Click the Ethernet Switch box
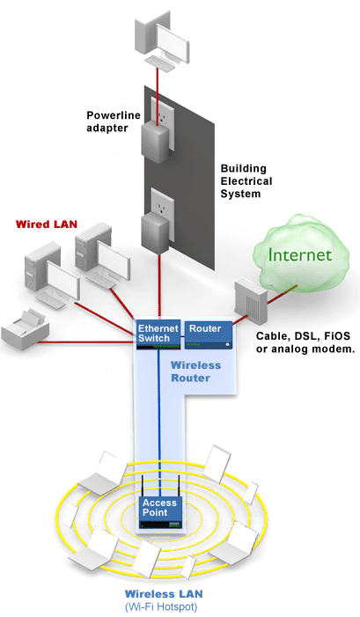[158, 334]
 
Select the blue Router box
[209, 334]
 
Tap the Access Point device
[160, 511]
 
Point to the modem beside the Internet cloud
[251, 302]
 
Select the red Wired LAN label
[47, 224]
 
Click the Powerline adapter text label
[114, 121]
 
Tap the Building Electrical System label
[246, 181]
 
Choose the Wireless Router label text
[195, 371]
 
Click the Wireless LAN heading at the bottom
[164, 594]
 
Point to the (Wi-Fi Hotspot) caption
[161, 606]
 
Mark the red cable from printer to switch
[86, 342]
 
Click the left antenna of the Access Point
[143, 488]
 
